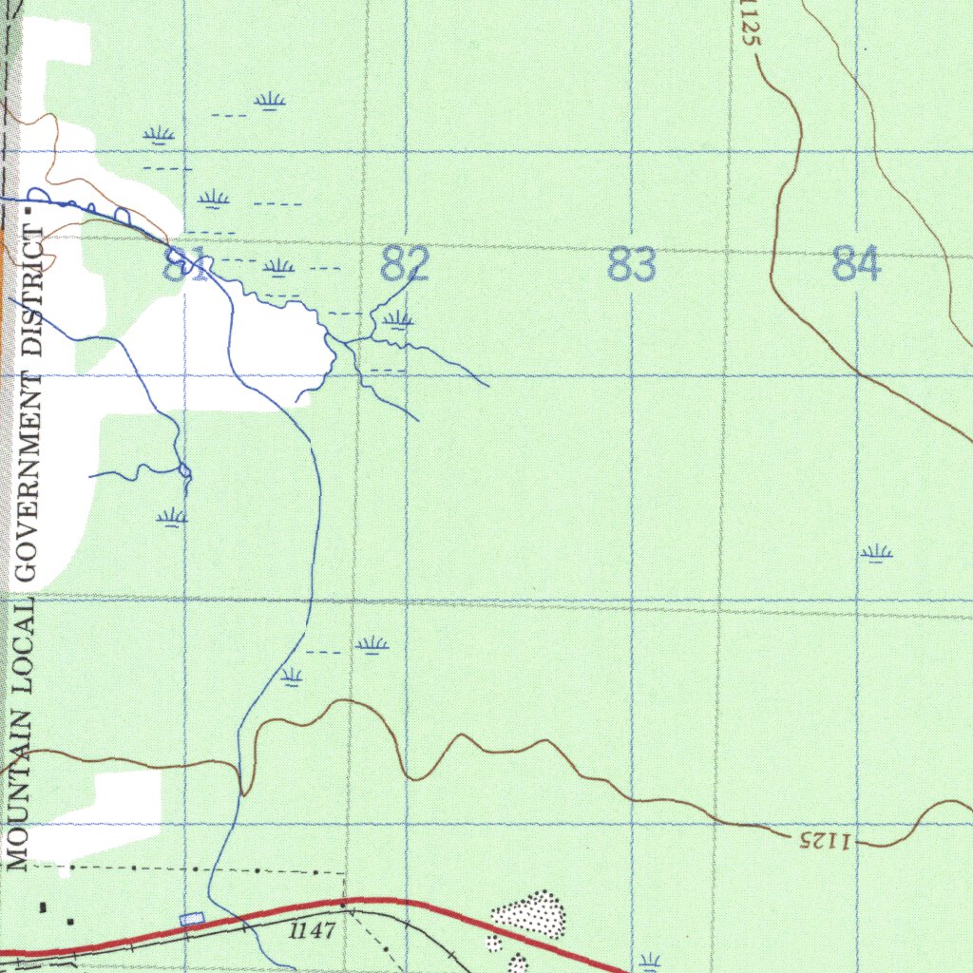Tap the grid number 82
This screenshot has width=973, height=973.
406,264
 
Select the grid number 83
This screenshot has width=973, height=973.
632,264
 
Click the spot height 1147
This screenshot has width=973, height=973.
313,930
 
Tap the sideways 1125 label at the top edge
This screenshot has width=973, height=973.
749,25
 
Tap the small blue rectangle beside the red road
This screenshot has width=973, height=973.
192,918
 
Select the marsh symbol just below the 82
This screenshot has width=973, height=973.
399,320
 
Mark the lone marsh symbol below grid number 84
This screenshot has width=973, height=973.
876,553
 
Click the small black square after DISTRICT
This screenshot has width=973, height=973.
29,210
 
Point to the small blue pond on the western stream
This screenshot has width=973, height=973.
184,471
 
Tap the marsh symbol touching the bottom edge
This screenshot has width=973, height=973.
650,963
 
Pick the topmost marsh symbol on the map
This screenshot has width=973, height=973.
271,101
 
